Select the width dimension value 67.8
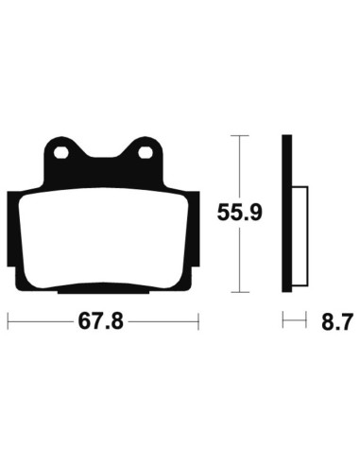[103, 323]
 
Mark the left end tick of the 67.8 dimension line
[8, 322]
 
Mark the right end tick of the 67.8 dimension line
[198, 322]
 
